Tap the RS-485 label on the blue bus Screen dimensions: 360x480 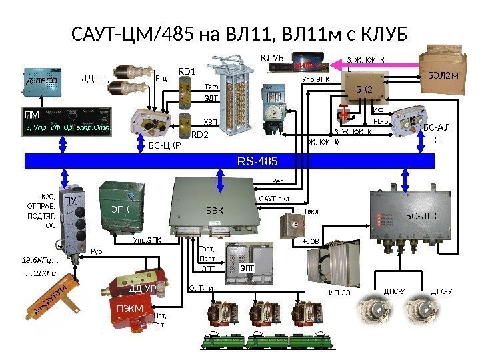point(258,161)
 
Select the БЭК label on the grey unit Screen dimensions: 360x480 point(215,211)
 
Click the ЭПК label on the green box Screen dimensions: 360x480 point(120,208)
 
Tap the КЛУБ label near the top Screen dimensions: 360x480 point(272,59)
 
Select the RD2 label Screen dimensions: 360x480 point(200,135)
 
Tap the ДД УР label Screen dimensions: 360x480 point(141,289)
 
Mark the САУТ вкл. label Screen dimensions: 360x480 point(276,197)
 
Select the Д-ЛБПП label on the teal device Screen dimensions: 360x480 point(41,81)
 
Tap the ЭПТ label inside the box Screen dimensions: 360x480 point(247,268)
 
